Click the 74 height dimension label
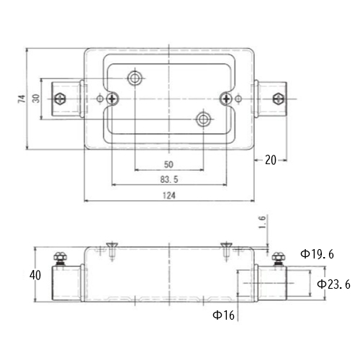[22, 99]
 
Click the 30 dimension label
[36, 99]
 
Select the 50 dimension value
[168, 164]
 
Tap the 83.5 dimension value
[169, 179]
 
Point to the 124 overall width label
[169, 196]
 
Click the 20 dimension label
[271, 160]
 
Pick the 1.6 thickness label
[263, 222]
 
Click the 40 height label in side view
[35, 275]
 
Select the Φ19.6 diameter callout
[318, 254]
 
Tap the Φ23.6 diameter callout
[333, 284]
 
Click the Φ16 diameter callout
[223, 315]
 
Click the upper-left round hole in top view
[135, 78]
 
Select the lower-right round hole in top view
[204, 119]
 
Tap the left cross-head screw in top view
[112, 99]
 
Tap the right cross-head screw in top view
[226, 99]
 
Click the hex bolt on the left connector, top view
[60, 99]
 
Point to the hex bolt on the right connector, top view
[279, 99]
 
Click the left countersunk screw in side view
[112, 251]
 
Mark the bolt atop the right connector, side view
[279, 258]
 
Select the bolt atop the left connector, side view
[60, 258]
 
